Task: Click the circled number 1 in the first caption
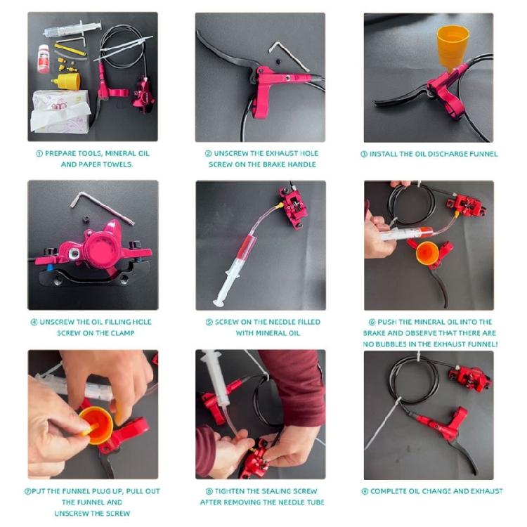click(x=39, y=153)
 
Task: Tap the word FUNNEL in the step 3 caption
click(x=481, y=154)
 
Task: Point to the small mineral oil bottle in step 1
click(x=44, y=59)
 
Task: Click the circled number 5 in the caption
click(x=209, y=322)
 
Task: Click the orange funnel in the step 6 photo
click(x=427, y=252)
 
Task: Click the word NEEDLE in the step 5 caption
click(x=285, y=322)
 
